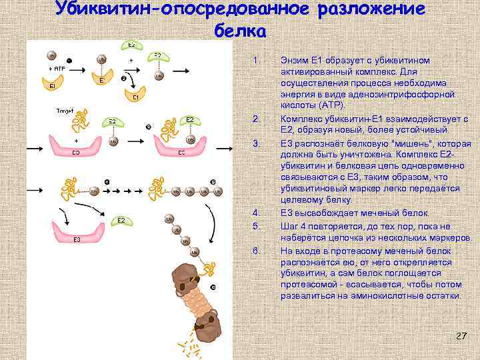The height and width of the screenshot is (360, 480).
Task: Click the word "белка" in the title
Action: point(241,31)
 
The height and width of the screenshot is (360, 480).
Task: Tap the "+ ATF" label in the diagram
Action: point(56,69)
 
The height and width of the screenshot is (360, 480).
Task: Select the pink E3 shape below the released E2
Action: point(78,234)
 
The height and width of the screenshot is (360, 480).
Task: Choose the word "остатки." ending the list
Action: point(438,295)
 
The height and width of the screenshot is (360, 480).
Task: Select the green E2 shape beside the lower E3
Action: point(120,221)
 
